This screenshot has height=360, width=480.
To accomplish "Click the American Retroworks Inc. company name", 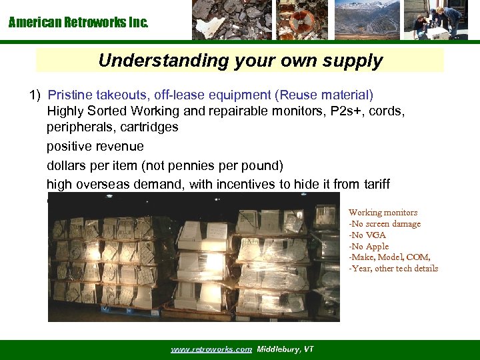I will coord(79,23).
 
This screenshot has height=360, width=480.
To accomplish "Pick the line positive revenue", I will coord(95,145).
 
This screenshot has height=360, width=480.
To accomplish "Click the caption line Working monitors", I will coord(383,213).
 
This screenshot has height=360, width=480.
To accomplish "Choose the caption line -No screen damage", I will coord(385,224).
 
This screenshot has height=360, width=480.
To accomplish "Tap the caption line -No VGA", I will coord(367,235).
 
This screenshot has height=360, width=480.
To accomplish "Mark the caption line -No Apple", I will coord(369,247).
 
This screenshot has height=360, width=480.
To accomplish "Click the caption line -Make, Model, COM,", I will coord(389,257).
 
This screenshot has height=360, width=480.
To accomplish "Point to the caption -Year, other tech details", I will coord(393,269).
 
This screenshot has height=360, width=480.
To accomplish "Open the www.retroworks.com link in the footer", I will coord(211,349).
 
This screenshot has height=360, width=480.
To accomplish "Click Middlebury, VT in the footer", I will coord(285,349).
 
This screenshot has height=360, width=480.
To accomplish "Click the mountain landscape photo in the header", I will coord(367,20).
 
